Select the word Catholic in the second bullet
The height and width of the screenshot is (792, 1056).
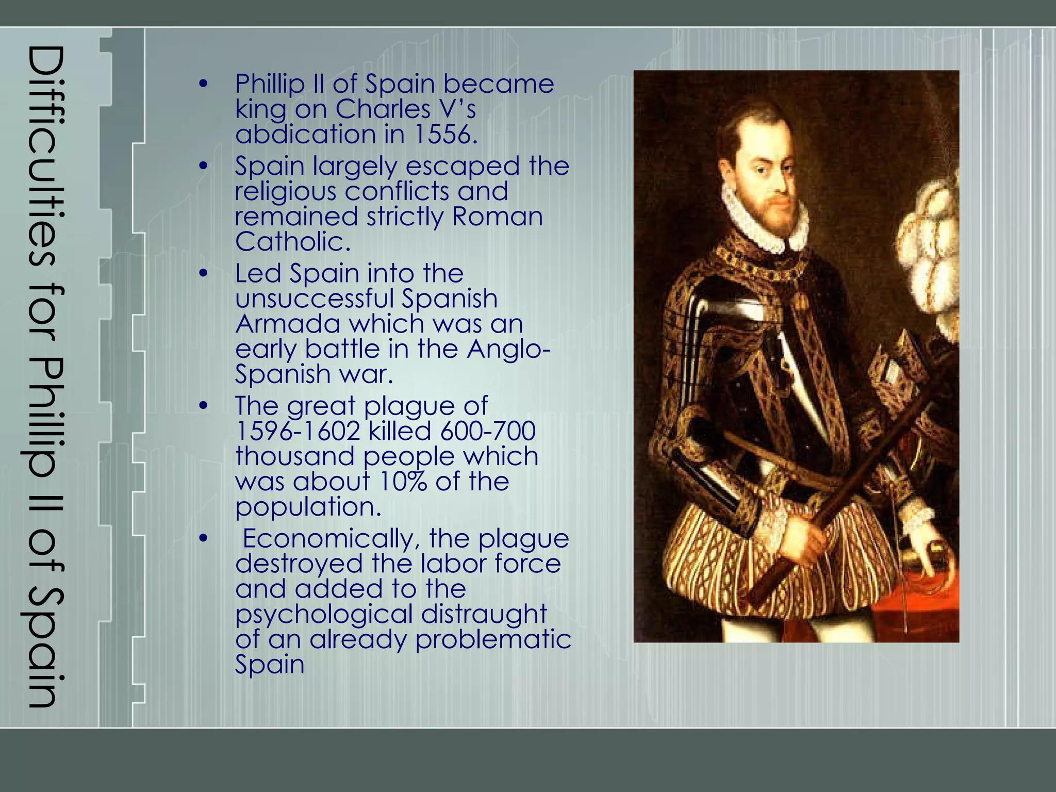[292, 242]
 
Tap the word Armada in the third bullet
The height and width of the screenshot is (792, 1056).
[288, 324]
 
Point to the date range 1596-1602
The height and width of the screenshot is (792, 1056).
[298, 431]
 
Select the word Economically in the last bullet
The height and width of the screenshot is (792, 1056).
[328, 539]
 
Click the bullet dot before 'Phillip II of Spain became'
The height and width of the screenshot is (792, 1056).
[204, 84]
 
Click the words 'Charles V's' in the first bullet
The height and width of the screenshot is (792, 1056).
[406, 109]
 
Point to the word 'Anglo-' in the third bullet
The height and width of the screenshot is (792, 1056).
[509, 350]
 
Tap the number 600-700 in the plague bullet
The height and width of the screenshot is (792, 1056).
[488, 431]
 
